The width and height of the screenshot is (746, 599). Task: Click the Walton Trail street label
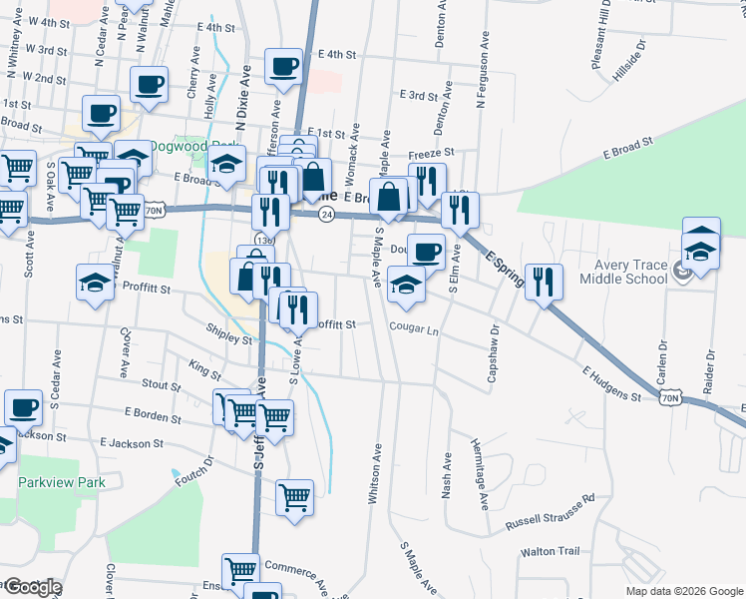tap(550, 551)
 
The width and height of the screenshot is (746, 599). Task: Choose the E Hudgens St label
tap(611, 384)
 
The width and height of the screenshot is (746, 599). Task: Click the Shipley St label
tap(228, 339)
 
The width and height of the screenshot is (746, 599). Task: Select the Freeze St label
tap(431, 154)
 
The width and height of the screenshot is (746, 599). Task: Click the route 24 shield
tap(325, 215)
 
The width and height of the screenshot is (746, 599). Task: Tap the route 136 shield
tap(263, 241)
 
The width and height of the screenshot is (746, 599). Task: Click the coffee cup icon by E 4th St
tap(283, 67)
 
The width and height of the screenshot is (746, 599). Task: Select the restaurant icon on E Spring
tap(544, 281)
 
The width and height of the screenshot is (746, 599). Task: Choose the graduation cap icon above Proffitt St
tap(95, 283)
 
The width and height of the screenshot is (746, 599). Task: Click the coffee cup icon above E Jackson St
tap(23, 407)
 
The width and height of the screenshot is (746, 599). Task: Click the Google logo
tap(32, 587)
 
